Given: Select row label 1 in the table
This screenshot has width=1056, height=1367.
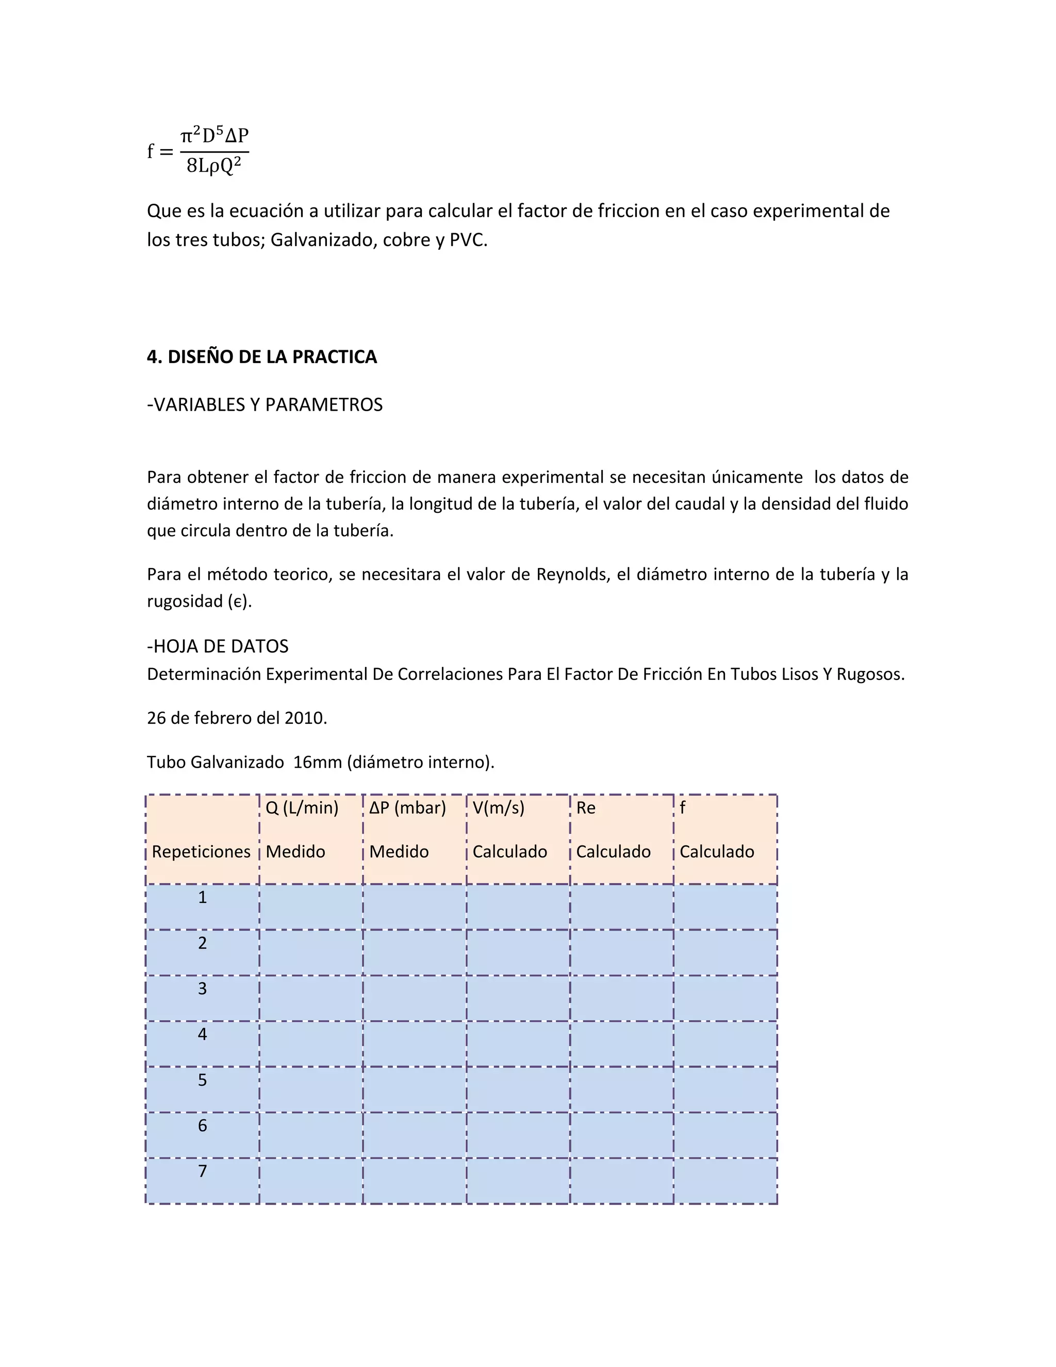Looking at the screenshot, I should (202, 898).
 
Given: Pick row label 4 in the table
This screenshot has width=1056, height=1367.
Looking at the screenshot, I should (202, 1034).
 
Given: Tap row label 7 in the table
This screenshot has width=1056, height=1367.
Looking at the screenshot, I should (202, 1171).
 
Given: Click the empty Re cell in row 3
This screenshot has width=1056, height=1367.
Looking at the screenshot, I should (621, 998).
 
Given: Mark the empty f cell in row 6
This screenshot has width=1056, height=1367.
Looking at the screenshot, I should (725, 1134).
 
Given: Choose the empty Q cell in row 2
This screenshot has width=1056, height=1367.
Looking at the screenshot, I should (310, 952).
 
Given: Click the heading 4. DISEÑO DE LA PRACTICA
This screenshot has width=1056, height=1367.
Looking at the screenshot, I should (261, 357).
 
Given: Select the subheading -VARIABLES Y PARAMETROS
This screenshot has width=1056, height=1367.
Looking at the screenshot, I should (265, 405).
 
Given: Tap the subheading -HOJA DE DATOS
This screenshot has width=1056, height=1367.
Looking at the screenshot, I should (218, 646).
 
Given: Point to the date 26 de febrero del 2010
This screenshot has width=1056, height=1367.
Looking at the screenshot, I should (237, 718).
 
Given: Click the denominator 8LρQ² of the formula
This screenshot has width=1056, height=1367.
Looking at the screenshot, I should (214, 166).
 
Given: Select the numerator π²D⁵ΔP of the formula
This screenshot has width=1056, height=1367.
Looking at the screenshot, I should (214, 135).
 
